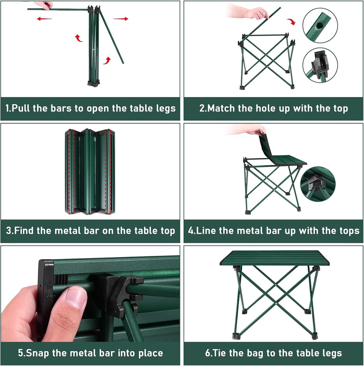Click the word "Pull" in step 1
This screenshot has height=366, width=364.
pos(21,108)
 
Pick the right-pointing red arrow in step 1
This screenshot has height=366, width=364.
pos(121,19)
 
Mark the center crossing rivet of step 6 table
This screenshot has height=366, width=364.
pos(276,285)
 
